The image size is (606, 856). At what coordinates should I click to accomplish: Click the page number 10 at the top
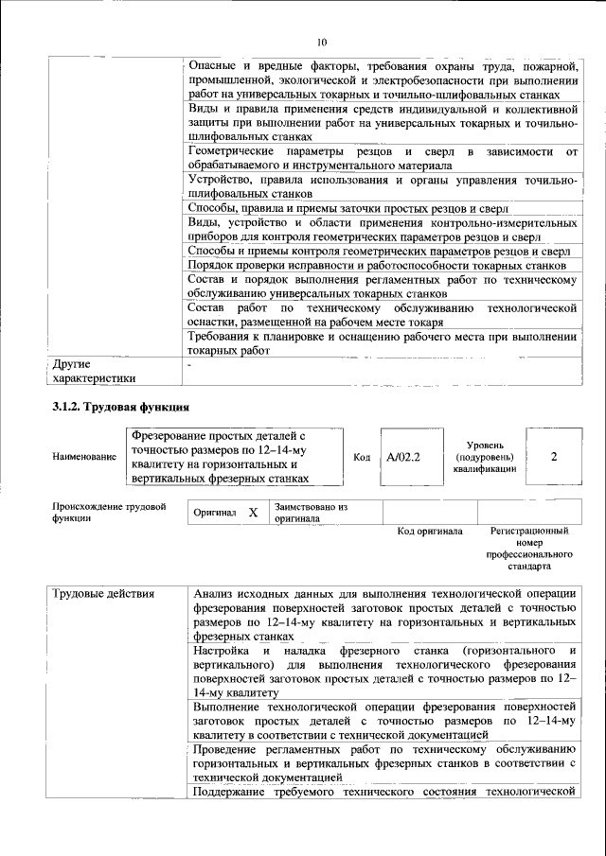[322, 43]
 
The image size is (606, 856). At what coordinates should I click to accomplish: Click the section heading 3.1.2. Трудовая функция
[119, 408]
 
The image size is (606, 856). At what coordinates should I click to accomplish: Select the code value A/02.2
[402, 457]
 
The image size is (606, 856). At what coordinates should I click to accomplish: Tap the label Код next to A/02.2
[362, 457]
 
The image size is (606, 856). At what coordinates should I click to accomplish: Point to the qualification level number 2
[553, 457]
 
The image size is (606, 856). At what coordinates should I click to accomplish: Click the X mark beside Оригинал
[253, 512]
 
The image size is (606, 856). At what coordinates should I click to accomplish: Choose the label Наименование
[85, 457]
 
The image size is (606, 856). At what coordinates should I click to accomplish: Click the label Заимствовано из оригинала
[312, 514]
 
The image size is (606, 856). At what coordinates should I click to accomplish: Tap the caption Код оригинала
[429, 532]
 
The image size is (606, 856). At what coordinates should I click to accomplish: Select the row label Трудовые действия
[98, 593]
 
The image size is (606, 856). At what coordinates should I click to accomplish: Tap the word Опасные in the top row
[213, 65]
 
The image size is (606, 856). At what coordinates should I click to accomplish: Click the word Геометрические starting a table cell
[231, 152]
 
